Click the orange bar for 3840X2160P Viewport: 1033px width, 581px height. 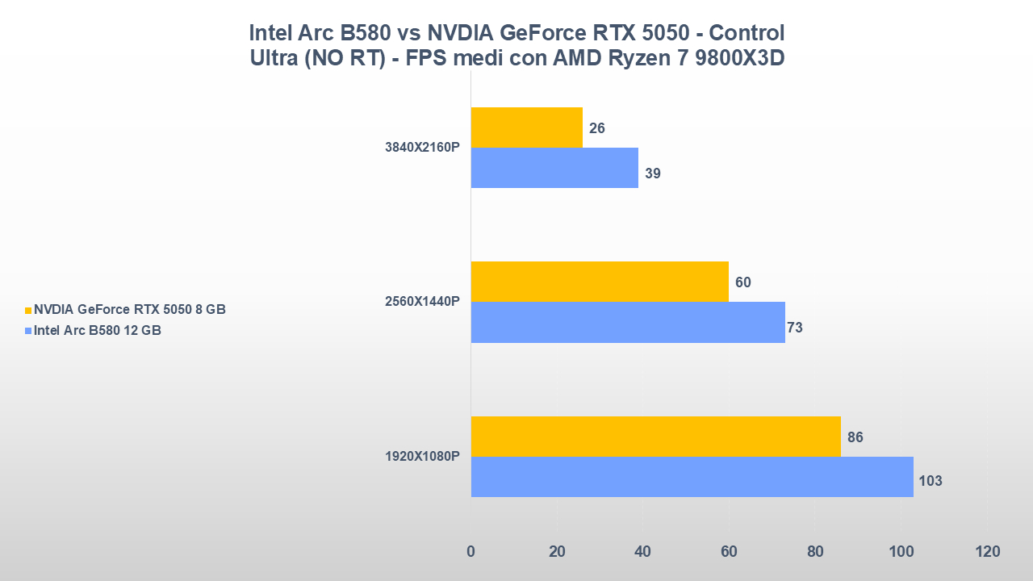click(527, 127)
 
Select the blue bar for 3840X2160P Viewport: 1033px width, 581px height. click(554, 168)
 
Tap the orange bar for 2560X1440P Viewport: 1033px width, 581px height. click(600, 282)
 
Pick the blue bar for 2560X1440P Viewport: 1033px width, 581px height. click(628, 322)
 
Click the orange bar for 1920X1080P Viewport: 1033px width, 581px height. click(655, 437)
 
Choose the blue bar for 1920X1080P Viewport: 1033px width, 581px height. click(692, 477)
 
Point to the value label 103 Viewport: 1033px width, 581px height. click(931, 481)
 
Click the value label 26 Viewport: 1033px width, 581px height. click(597, 128)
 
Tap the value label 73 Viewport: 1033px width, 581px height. click(794, 328)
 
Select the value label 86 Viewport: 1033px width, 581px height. click(855, 437)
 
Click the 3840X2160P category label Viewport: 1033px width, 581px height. click(422, 148)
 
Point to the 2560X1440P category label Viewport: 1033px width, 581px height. click(422, 302)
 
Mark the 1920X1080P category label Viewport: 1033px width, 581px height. click(422, 457)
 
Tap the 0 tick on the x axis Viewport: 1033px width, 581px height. click(471, 552)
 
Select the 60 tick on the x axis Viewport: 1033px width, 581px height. click(729, 552)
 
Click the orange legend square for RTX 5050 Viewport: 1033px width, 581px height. click(28, 310)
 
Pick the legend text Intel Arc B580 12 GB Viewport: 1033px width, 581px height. click(98, 330)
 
